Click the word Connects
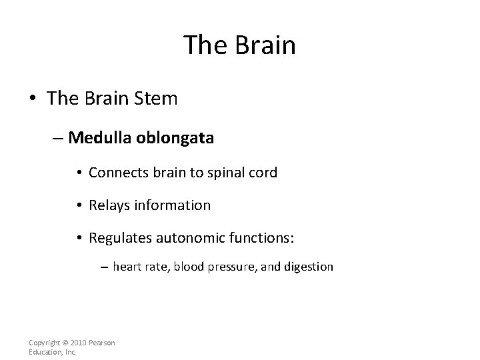point(116,172)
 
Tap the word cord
point(263,172)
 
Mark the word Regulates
point(120,239)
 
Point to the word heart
point(127,267)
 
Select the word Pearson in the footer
point(101,343)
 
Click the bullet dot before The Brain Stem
point(33,99)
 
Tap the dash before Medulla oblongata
point(58,138)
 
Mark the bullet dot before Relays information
point(79,206)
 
